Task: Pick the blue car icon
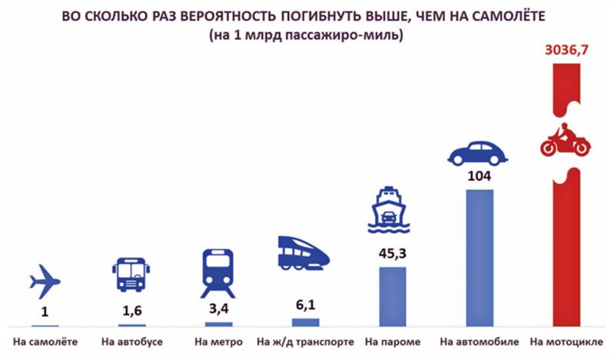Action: point(479,153)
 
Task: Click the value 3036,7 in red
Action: point(567,51)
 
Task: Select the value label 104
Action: point(479,176)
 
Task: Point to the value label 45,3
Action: point(391,252)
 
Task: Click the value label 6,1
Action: point(305,305)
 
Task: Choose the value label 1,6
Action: point(132,312)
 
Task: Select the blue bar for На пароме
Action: point(391,296)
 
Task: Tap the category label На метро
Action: point(218,341)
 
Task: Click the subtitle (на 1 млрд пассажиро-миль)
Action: point(305,36)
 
